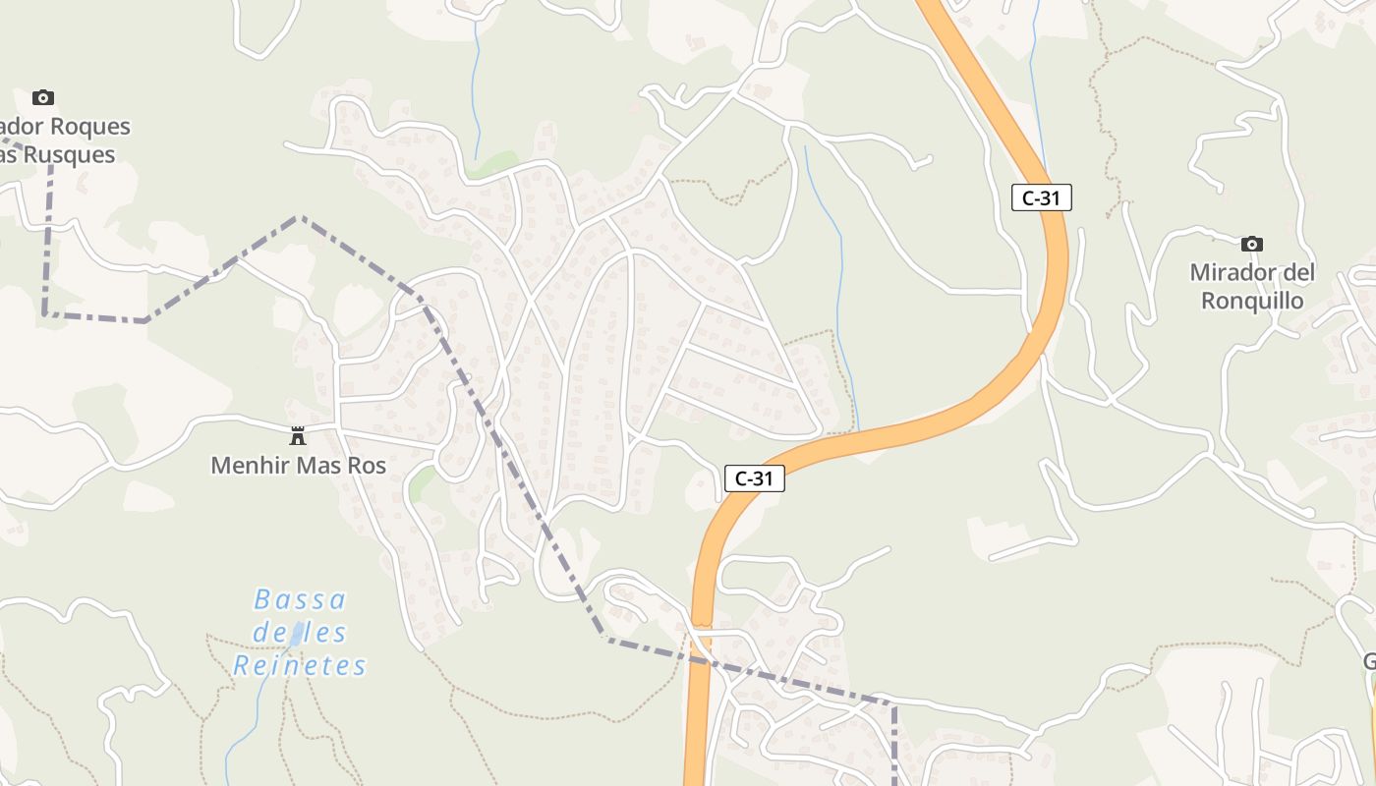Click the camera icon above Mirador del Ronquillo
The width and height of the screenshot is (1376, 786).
[x=1251, y=244]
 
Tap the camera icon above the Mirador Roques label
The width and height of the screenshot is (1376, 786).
[x=42, y=97]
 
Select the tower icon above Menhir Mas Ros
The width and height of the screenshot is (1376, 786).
[x=298, y=435]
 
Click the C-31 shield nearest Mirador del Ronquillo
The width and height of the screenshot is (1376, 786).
[x=1041, y=197]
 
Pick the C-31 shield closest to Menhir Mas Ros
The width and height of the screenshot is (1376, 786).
[x=754, y=478]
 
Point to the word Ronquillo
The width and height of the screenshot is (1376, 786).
[x=1252, y=301]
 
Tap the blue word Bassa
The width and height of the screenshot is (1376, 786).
[x=300, y=599]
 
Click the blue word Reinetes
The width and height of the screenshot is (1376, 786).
[x=300, y=665]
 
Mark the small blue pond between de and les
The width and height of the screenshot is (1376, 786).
[x=295, y=634]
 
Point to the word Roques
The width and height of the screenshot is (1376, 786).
[x=89, y=127]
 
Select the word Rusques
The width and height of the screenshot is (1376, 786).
[x=69, y=155]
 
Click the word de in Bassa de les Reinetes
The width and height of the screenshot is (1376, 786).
[x=267, y=633]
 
